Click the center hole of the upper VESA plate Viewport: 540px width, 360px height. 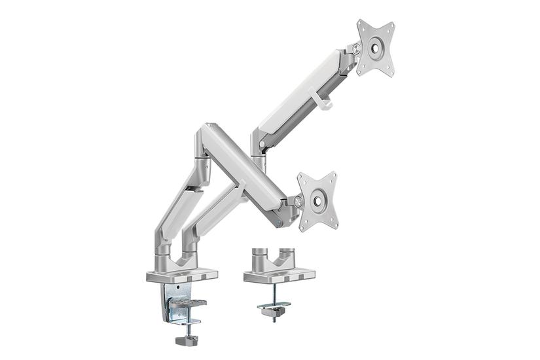tap(376, 48)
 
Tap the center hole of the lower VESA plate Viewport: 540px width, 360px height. tap(317, 201)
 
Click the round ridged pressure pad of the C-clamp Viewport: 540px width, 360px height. tap(190, 303)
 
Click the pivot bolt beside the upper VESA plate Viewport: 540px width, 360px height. tap(356, 48)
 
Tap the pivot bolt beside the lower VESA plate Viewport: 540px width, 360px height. tap(298, 201)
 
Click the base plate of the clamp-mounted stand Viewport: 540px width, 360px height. tap(175, 274)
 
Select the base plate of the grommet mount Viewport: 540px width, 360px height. tap(278, 276)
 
